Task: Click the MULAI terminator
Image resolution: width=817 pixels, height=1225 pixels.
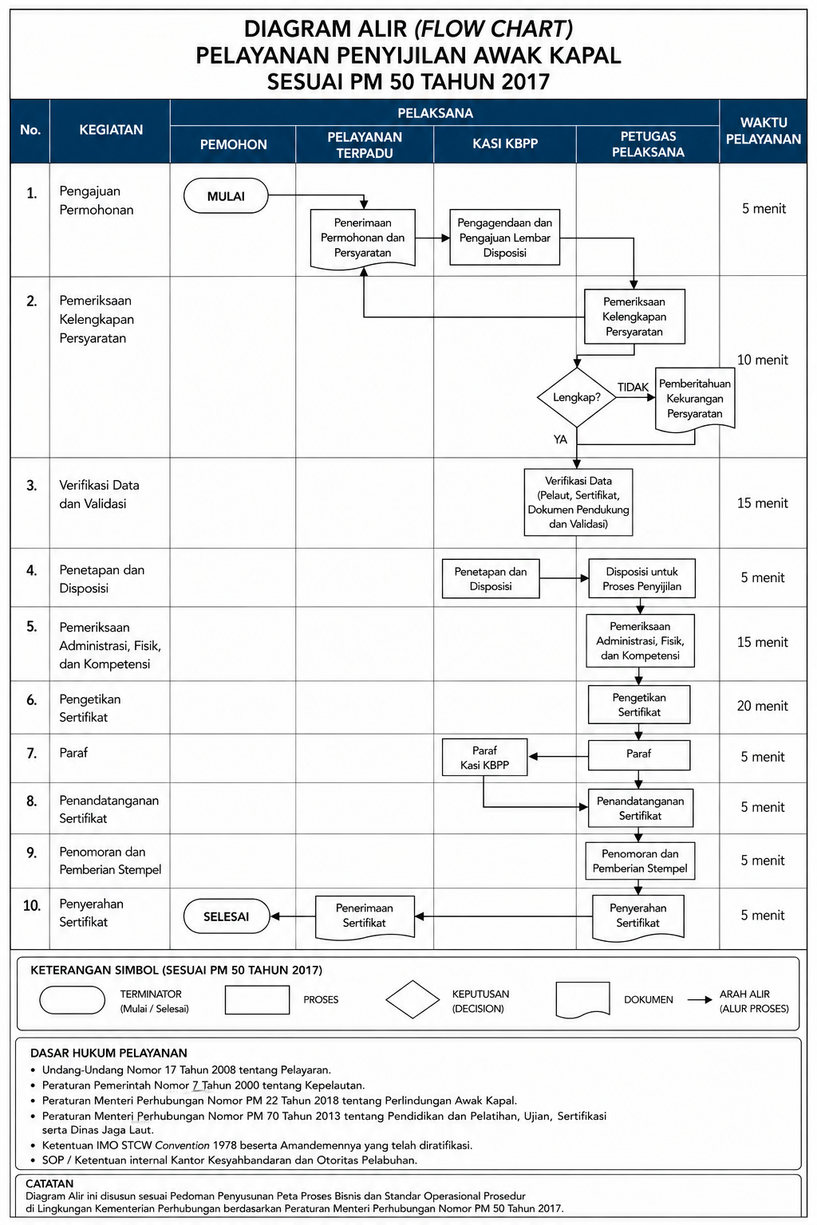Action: [x=226, y=195]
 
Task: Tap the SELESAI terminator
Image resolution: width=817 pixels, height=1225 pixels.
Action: [x=226, y=916]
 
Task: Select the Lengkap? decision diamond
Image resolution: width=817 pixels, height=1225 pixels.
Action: [x=576, y=397]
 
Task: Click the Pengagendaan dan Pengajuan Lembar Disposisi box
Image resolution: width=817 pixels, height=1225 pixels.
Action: [x=504, y=238]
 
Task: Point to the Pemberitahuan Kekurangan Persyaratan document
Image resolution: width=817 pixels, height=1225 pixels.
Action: [x=694, y=400]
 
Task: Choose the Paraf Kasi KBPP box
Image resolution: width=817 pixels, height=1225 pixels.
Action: [x=485, y=758]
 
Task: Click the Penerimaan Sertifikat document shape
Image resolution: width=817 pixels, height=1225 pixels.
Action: [x=365, y=916]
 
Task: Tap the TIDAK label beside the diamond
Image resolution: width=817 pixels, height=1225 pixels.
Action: [x=633, y=387]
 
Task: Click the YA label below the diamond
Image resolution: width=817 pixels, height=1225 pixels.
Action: [x=560, y=439]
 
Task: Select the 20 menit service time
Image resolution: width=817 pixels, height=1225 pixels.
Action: [x=762, y=706]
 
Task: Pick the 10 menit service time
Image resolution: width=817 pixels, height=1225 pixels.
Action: [x=762, y=360]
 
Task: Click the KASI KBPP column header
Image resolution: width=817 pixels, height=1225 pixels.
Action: [x=505, y=144]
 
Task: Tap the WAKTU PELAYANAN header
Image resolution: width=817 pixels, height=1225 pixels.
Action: [x=764, y=131]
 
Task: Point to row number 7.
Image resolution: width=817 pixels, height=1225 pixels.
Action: [x=32, y=754]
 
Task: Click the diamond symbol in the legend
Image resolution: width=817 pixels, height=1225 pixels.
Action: [x=412, y=999]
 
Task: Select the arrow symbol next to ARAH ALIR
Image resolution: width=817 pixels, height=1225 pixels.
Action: [x=700, y=999]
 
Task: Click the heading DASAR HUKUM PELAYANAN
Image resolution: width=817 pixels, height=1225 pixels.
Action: [x=109, y=1053]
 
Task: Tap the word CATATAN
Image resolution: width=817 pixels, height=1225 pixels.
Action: [x=49, y=1184]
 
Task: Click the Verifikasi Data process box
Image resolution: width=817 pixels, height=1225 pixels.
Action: [x=578, y=502]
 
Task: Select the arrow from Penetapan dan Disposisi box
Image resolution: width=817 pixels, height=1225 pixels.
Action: [x=564, y=578]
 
